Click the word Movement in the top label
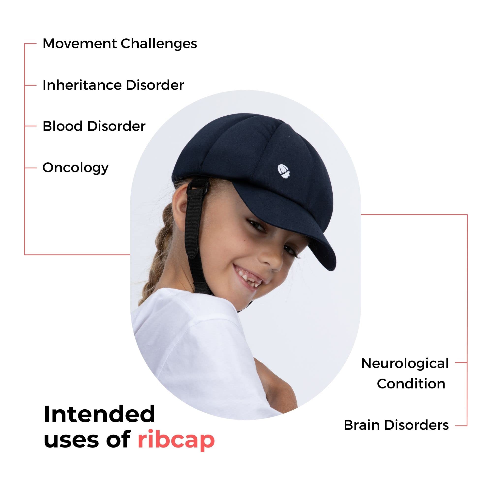tap(79, 44)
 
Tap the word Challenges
tap(159, 44)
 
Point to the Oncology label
tap(75, 168)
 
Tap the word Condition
tap(411, 384)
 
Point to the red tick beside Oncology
tap(31, 168)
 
